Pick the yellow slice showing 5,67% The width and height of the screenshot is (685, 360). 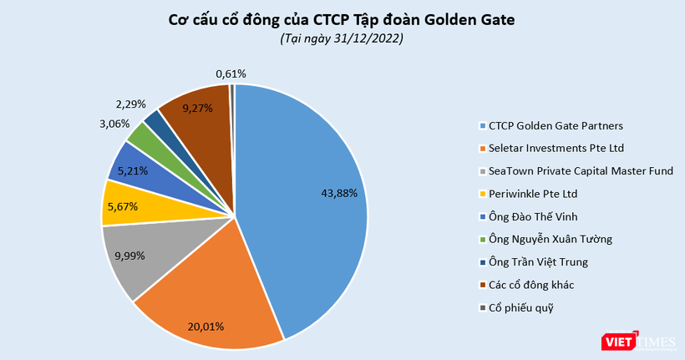124,205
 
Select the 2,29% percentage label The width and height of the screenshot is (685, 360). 130,104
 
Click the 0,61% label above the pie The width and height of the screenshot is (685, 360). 231,74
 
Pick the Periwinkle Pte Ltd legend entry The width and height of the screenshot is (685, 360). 533,194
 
